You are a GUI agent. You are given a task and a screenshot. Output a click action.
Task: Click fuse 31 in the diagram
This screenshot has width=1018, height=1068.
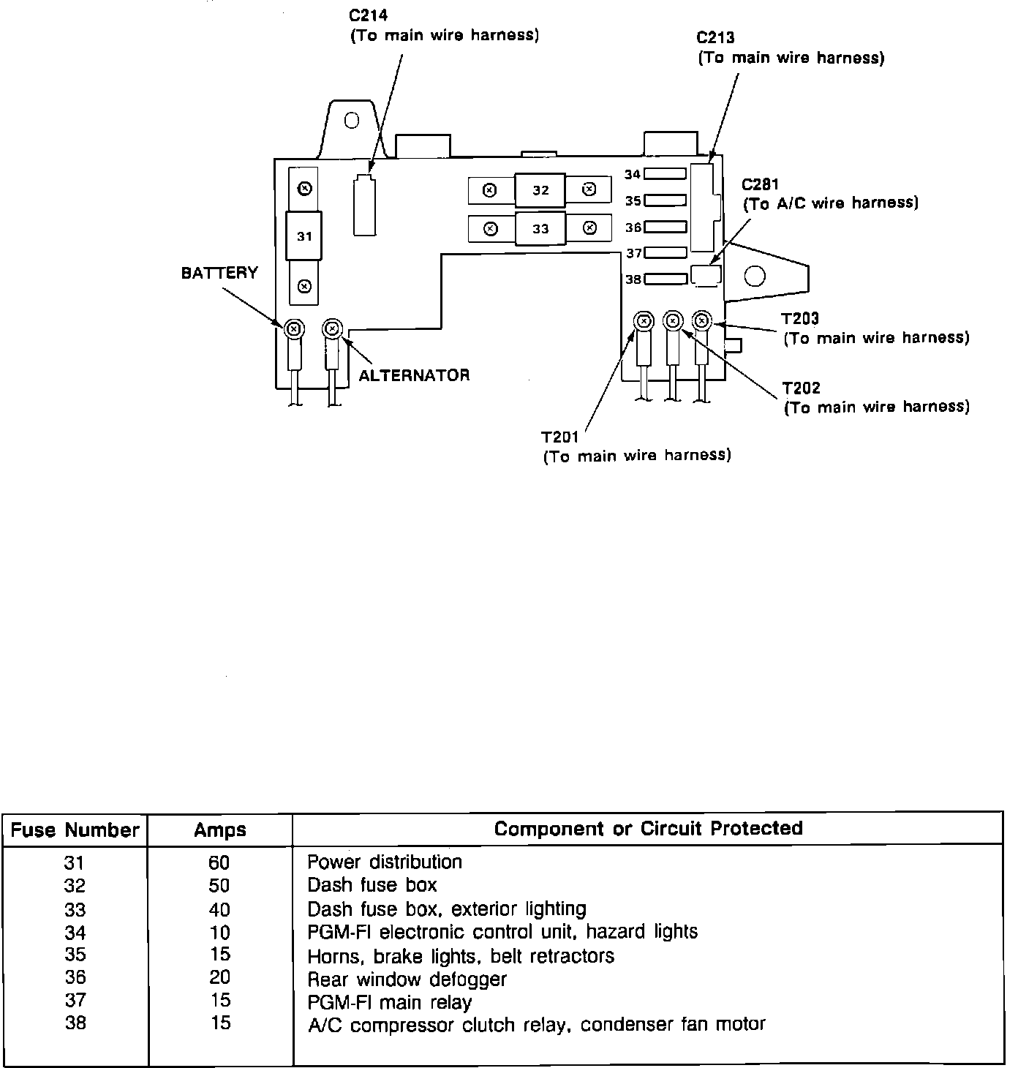304,236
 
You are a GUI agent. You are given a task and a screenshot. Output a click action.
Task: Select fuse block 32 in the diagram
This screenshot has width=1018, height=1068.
540,190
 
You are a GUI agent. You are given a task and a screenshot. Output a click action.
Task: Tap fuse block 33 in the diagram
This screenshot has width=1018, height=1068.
540,229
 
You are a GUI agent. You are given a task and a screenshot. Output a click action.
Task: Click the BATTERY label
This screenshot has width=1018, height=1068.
219,273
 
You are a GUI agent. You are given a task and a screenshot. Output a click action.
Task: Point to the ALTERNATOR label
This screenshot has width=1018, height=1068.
414,375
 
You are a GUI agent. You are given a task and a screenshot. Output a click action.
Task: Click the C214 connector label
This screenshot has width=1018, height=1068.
369,15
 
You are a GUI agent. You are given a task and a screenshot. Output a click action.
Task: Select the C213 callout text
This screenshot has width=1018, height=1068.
715,37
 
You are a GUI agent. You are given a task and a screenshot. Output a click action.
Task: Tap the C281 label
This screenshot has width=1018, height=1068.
760,184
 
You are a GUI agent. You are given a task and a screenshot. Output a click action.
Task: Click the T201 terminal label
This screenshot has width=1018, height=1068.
560,437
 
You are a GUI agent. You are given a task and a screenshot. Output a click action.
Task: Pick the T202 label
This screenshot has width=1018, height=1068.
801,388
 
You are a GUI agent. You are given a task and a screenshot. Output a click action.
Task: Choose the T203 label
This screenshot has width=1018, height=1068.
800,319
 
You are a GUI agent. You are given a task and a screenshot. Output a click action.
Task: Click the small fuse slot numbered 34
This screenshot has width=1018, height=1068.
665,174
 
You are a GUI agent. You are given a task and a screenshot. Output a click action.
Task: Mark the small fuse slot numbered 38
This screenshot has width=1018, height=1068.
666,279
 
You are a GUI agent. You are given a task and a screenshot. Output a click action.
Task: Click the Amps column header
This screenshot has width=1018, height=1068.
220,830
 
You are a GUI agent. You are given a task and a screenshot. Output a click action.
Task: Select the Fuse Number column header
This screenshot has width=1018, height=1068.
75,830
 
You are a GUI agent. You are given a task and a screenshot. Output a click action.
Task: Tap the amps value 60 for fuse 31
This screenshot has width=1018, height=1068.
219,863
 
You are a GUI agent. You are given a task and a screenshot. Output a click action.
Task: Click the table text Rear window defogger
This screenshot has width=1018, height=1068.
407,979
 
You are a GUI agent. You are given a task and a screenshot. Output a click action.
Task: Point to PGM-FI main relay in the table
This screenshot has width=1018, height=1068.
389,1002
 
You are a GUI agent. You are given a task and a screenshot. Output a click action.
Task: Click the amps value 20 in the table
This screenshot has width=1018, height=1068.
219,977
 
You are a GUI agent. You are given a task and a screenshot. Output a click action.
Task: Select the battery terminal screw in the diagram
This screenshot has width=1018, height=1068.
293,329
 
